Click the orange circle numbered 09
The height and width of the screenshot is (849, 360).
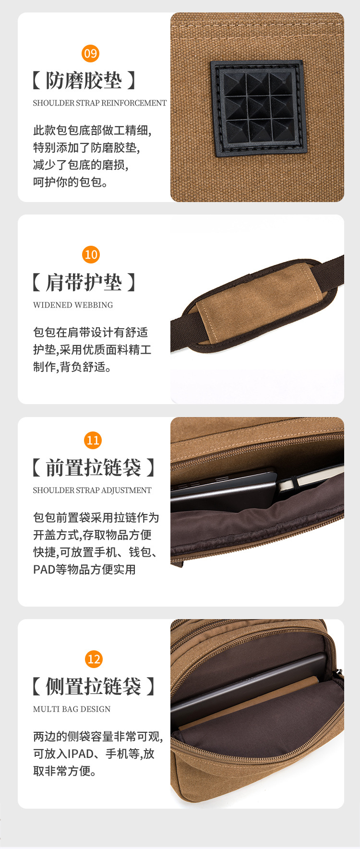[91, 53]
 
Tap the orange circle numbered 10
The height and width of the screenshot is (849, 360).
[91, 254]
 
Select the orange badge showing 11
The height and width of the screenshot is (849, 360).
[93, 440]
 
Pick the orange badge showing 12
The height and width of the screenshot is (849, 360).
[94, 659]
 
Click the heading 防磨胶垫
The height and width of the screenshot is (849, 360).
[84, 81]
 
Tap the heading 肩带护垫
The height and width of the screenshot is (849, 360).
[84, 282]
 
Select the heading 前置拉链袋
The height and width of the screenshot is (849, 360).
[94, 467]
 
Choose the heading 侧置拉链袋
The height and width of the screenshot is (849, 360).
[94, 686]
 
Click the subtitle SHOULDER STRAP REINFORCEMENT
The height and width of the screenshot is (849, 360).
[99, 103]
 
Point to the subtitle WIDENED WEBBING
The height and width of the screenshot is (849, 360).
[73, 305]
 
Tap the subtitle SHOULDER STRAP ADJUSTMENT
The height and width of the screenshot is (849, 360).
[92, 490]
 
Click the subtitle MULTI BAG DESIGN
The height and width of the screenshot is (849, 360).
[72, 709]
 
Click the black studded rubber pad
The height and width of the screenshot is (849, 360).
[259, 108]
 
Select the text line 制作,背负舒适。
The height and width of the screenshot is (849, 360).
[72, 367]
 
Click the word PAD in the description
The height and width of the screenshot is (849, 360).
[44, 570]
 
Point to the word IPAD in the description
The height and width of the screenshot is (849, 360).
[81, 754]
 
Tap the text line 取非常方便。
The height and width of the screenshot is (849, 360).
[65, 771]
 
